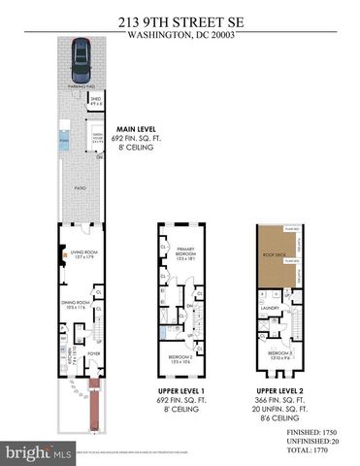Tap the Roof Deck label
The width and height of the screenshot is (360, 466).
(x=277, y=256)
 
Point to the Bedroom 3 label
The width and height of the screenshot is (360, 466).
(x=279, y=353)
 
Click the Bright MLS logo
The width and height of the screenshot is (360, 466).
(x=39, y=452)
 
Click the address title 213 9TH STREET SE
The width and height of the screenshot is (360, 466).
(x=180, y=17)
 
